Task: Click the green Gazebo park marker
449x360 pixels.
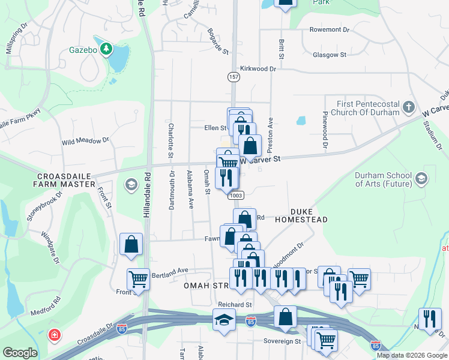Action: click(x=107, y=49)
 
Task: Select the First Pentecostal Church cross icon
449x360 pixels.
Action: click(x=409, y=107)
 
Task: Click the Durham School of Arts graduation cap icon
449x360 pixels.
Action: click(x=421, y=178)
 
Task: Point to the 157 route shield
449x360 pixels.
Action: click(x=234, y=77)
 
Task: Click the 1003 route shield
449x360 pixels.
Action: click(x=236, y=195)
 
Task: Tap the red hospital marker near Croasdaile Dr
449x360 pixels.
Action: click(x=55, y=334)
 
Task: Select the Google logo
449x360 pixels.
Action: click(x=20, y=353)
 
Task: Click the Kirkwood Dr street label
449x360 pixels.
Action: click(x=258, y=69)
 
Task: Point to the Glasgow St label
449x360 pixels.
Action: click(x=330, y=55)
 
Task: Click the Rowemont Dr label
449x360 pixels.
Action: click(x=329, y=29)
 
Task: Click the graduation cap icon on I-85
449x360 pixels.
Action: click(x=224, y=319)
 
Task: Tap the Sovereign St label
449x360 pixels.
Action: click(x=286, y=341)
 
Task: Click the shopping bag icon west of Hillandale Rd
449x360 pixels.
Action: click(x=131, y=245)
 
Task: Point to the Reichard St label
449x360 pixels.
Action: click(x=235, y=305)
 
